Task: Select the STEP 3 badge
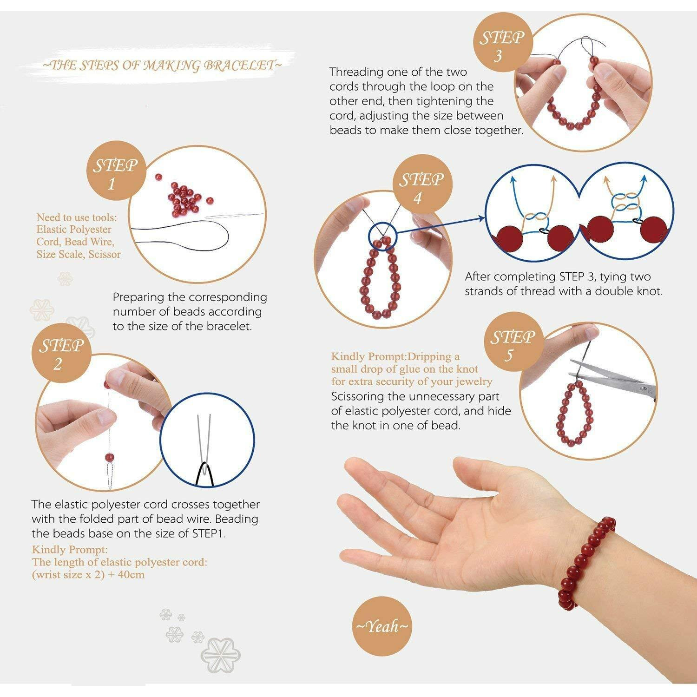500,46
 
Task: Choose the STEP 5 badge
511,345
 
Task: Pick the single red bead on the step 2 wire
110,458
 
